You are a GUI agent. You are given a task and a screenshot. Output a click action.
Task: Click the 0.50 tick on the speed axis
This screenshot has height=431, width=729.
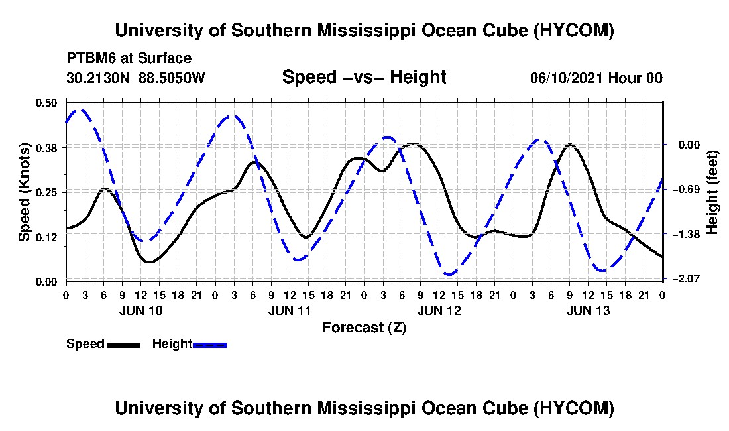pos(46,103)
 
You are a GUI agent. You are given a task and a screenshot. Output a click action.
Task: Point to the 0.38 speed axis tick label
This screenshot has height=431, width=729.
pos(46,148)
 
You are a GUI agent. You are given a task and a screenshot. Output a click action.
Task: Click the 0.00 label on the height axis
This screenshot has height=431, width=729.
pos(689,145)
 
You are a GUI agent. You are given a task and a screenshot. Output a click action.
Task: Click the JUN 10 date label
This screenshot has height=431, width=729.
pos(141,310)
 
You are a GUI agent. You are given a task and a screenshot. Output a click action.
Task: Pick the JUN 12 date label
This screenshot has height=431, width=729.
pos(439,310)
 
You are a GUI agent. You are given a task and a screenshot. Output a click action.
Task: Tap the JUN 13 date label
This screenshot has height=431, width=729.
pos(588,310)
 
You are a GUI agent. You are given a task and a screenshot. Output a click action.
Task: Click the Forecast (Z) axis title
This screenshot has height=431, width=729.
pos(364,328)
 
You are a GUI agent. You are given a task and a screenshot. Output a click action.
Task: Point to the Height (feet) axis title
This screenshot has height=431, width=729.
pos(712,192)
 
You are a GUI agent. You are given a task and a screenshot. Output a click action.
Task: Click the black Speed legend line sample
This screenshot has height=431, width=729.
pos(123,345)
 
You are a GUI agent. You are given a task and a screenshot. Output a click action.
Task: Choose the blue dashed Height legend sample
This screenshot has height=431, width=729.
pos(209,345)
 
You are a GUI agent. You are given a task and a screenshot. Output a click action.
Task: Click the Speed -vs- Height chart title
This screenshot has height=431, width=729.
pos(364,77)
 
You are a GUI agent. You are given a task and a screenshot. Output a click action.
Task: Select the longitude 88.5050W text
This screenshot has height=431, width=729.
pos(172,77)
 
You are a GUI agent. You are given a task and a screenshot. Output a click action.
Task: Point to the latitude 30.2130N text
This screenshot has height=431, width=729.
pos(98,77)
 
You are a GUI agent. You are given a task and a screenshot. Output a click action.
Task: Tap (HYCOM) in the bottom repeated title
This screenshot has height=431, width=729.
pos(574,408)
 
